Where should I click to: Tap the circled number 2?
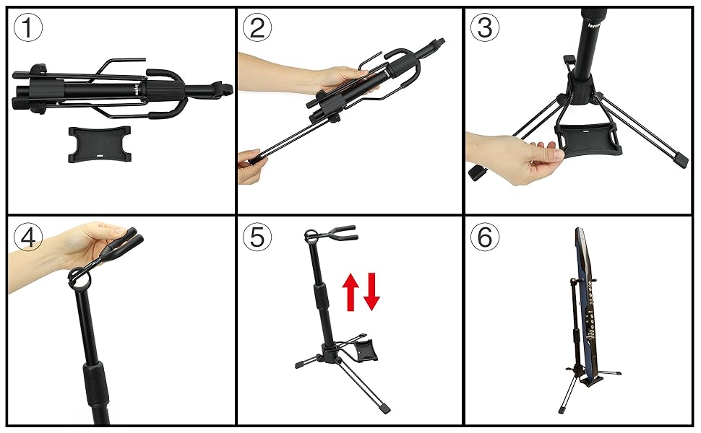click(258, 28)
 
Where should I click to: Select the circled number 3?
click(485, 28)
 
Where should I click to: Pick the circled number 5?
click(258, 237)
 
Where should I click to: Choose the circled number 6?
click(485, 237)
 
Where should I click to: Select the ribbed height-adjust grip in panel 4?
click(95, 382)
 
